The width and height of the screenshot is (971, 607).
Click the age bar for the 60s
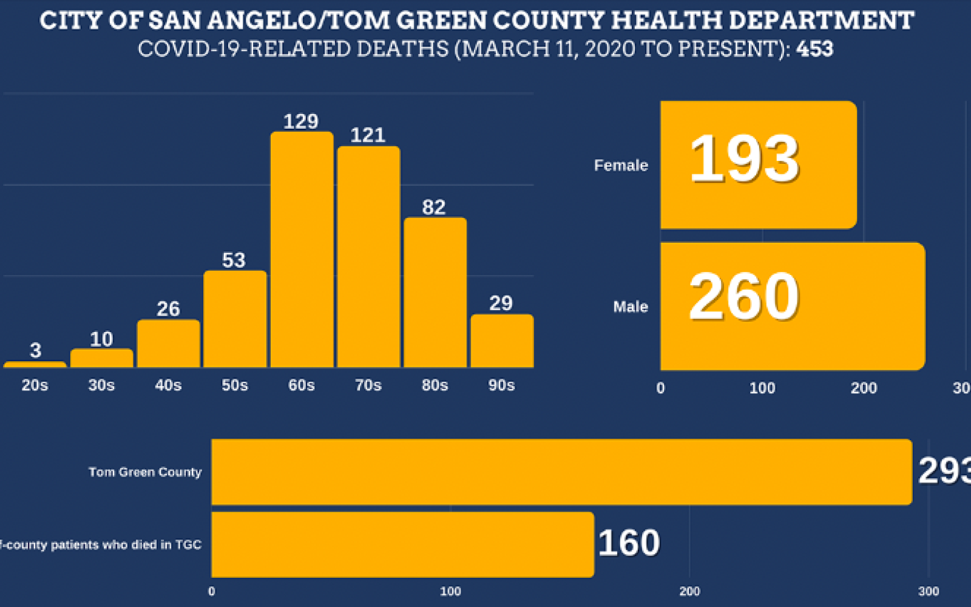302,249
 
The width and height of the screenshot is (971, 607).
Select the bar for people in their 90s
502,341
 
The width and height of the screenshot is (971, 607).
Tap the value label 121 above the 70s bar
368,135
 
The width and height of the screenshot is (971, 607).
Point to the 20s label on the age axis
35,385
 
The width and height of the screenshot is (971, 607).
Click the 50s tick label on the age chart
235,385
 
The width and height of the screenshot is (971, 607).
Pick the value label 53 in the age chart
234,260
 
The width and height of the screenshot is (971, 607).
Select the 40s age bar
168,344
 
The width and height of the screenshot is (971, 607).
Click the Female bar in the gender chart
759,165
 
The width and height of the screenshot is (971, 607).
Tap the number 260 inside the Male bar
744,297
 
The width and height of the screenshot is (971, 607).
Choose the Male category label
631,307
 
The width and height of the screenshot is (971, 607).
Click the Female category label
621,165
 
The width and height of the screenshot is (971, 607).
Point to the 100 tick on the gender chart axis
762,388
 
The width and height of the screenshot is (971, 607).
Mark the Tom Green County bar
561,472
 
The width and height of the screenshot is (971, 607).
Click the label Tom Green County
145,472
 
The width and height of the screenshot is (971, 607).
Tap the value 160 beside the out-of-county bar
629,543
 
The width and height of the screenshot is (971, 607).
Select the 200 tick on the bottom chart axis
689,591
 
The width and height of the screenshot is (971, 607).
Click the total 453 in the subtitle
814,49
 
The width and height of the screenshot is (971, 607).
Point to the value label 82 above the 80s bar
434,208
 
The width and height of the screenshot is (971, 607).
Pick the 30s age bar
101,358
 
